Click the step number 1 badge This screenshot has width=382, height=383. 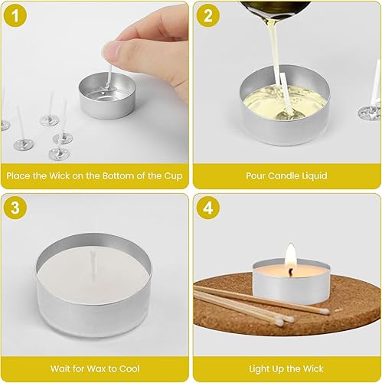click(15, 16)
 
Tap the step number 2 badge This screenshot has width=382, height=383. click(208, 16)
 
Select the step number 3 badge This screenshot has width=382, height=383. click(15, 208)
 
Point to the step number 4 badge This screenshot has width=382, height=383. click(208, 208)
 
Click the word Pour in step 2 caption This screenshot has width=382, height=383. click(256, 175)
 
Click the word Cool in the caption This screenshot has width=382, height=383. click(129, 368)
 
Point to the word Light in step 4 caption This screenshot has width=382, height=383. click(259, 369)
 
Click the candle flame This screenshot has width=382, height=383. click(290, 256)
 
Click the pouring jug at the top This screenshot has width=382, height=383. click(275, 10)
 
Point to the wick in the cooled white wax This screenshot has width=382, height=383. click(93, 266)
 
